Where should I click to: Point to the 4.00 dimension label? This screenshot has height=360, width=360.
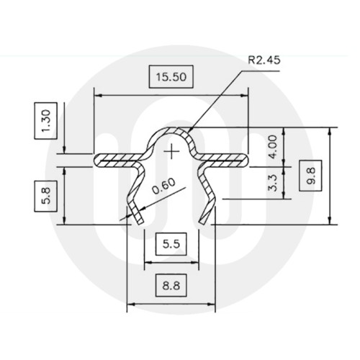click(271, 145)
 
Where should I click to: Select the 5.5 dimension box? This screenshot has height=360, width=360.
click(171, 243)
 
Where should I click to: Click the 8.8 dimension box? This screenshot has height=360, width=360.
click(171, 286)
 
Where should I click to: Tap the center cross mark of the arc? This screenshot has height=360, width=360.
click(171, 151)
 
